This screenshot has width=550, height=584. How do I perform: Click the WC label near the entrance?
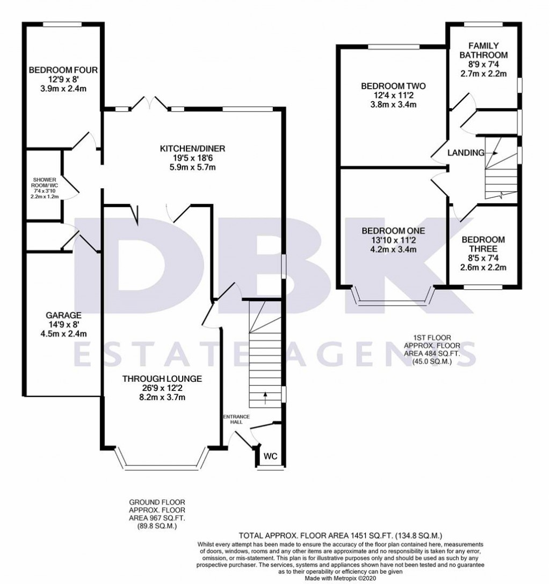(271, 457)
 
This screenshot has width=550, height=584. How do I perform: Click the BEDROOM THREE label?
(483, 244)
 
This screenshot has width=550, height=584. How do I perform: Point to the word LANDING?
(466, 153)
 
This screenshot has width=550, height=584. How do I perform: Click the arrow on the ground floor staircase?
(265, 397)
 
